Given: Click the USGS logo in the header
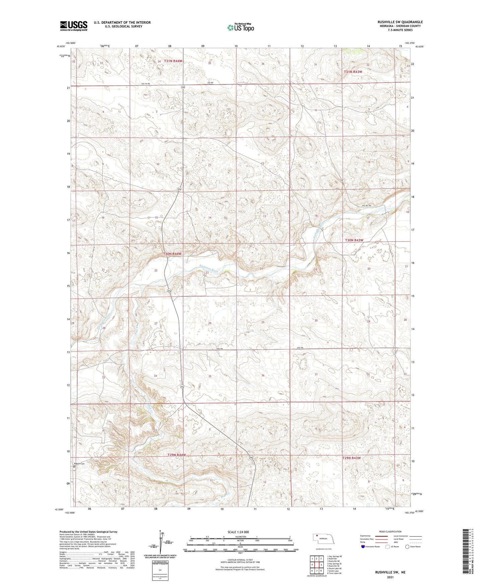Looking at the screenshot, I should coord(74,25).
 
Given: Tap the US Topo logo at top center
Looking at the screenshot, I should coord(240,27).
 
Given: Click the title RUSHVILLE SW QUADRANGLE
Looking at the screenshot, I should coord(400,22).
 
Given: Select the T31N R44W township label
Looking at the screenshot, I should coord(173,61).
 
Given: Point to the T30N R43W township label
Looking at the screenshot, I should coord(354,240).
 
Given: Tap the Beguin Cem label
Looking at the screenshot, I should coord(80,464).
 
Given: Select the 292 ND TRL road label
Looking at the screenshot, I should coord(367,206).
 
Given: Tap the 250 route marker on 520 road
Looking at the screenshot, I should coord(183,87).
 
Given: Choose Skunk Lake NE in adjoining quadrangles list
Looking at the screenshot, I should coord(334,568).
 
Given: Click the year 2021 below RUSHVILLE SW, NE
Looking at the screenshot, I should coord(390,577).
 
